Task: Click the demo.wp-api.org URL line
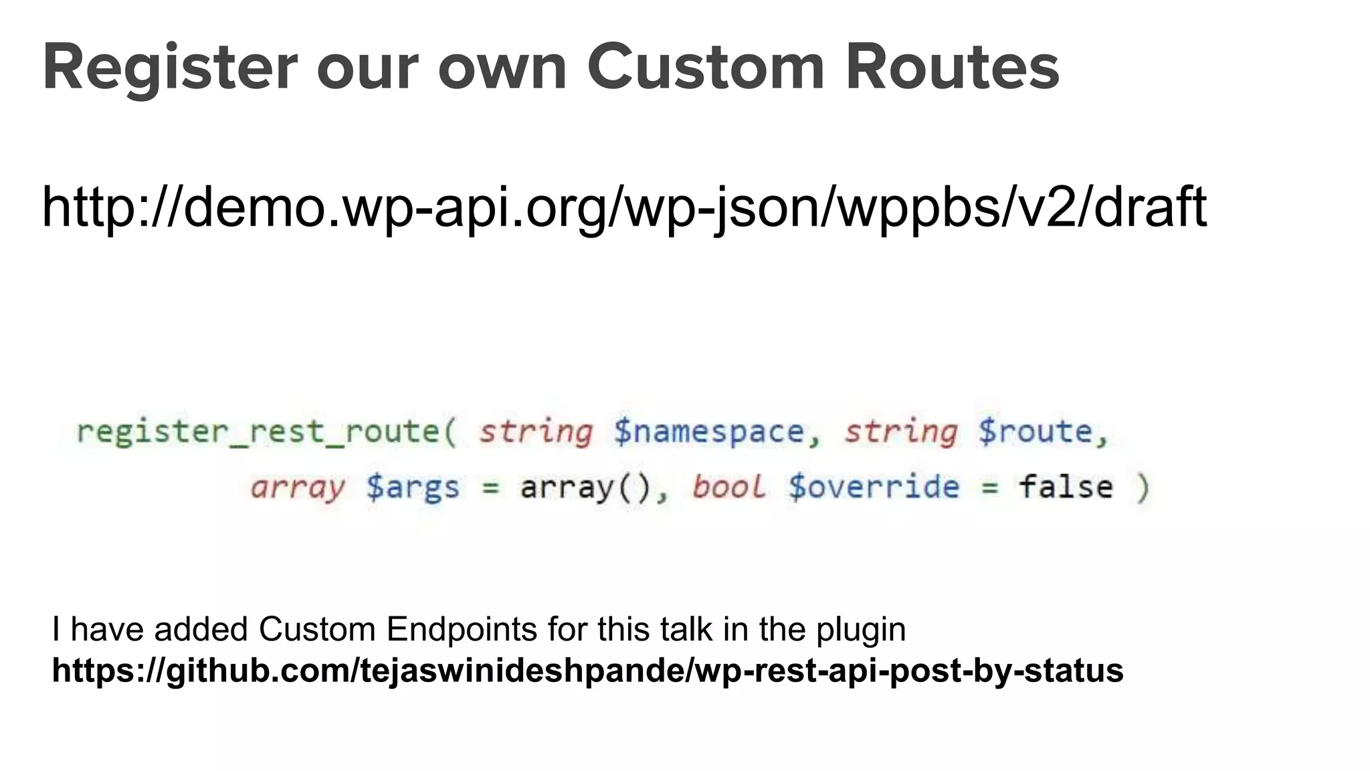click(624, 207)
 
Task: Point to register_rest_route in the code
click(266, 432)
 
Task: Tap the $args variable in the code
click(413, 487)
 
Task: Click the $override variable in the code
click(874, 487)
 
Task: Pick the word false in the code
click(1066, 487)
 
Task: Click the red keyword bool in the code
click(728, 487)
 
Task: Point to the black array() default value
click(586, 487)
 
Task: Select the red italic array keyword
click(298, 487)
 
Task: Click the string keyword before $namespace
click(536, 432)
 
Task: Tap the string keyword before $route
click(900, 432)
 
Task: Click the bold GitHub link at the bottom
click(587, 671)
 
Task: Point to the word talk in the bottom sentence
click(688, 630)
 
